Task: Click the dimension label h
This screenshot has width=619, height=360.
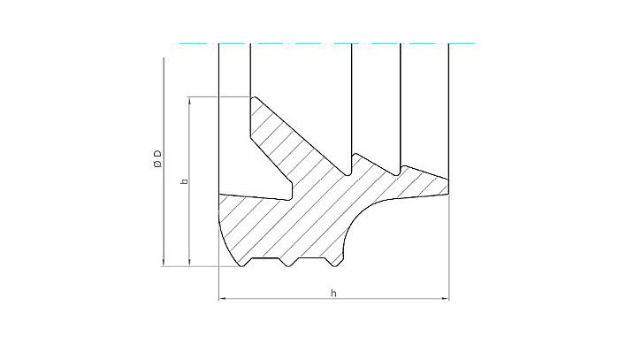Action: tap(333, 292)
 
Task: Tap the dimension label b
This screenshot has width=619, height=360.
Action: tap(183, 181)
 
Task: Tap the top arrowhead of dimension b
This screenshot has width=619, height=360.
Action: tap(190, 100)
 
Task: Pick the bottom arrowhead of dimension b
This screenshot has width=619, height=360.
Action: tap(190, 262)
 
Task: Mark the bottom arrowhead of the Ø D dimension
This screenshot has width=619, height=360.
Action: tap(164, 261)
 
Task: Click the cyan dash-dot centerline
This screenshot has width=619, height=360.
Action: tap(327, 42)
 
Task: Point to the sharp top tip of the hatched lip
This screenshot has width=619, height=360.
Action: tap(254, 97)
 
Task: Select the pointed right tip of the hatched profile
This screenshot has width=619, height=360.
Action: tap(448, 184)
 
